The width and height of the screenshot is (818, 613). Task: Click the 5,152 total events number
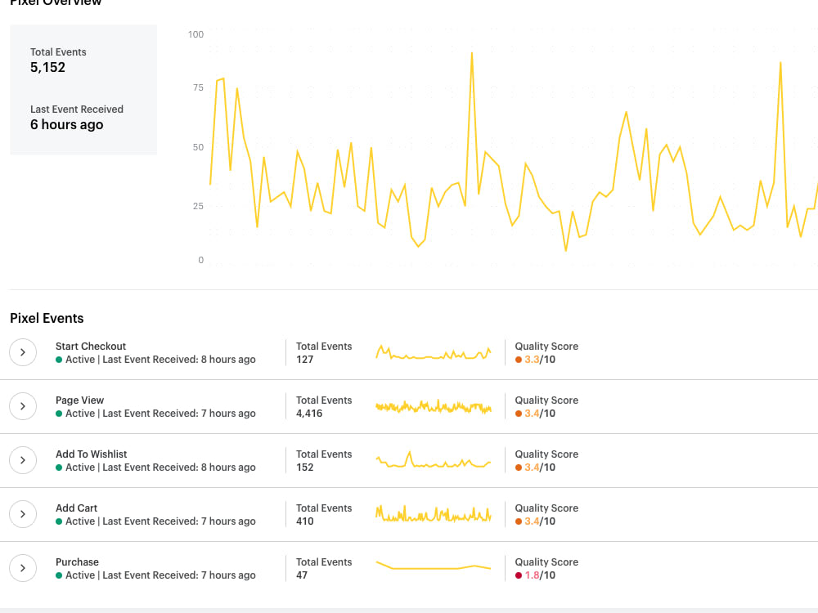pos(47,68)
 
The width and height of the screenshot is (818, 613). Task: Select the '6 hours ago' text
pos(66,125)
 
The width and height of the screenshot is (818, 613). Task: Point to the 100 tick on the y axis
pos(196,34)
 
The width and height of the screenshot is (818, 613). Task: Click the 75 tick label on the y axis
pos(197,87)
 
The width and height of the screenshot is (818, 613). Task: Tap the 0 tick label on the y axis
pos(200,261)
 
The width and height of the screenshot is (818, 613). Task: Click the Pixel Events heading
pos(47,319)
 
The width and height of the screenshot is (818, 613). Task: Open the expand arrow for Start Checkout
pos(23,352)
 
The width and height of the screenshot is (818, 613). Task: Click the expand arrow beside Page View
pos(23,406)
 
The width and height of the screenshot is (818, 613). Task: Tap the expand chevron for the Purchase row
pos(23,568)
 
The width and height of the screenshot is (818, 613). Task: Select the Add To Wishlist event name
pos(91,454)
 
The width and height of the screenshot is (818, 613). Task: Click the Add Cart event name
pos(76,508)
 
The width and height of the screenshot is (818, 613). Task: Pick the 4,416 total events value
pos(309,414)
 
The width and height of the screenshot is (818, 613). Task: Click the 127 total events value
pos(305,360)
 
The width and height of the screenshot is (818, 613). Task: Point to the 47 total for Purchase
pos(302,575)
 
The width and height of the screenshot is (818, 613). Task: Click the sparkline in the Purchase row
pos(434,566)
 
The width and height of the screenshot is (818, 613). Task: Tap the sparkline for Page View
pos(434,406)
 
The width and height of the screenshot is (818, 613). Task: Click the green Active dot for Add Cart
pos(59,521)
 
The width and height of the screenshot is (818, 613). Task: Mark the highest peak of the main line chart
pos(472,53)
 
